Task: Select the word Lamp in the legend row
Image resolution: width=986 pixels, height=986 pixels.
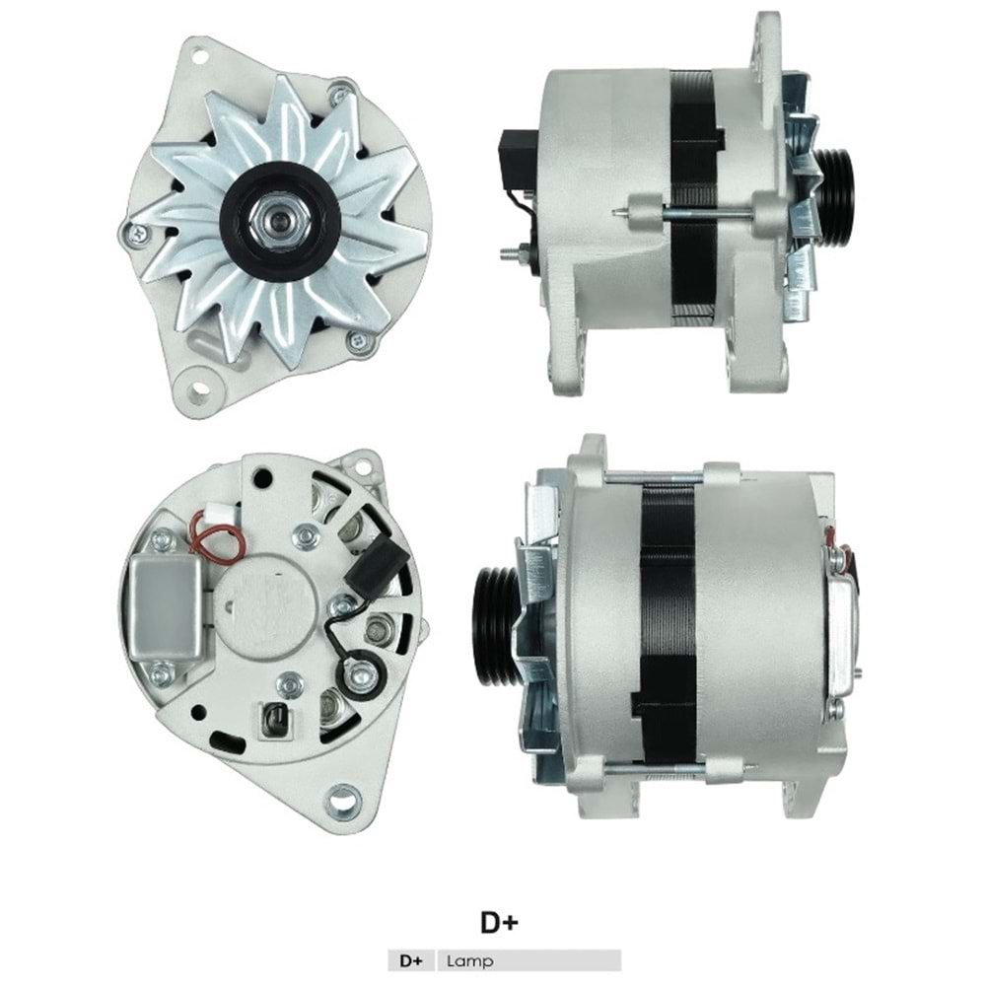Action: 470,960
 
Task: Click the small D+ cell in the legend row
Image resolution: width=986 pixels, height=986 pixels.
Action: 411,960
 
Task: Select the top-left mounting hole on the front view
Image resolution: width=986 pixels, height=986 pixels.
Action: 199,56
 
